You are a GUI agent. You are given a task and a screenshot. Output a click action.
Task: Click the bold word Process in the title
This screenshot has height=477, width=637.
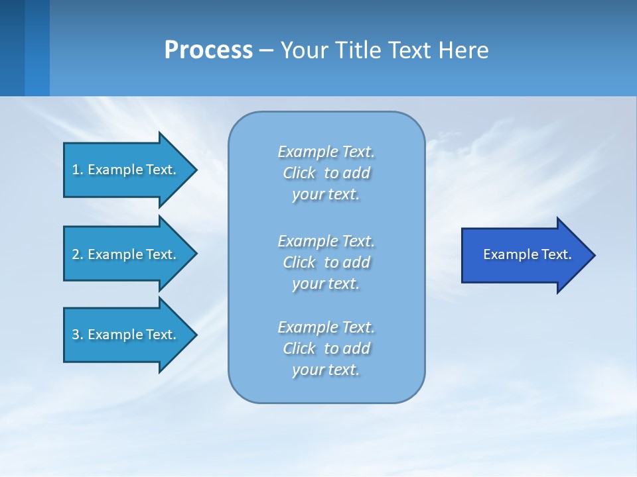[x=208, y=50]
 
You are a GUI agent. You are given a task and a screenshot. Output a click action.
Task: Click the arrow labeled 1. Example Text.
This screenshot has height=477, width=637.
[x=126, y=170]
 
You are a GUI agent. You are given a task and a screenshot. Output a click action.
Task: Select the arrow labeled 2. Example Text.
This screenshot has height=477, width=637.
[x=126, y=254]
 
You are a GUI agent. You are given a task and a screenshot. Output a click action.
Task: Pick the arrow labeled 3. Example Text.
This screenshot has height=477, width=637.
[x=126, y=335]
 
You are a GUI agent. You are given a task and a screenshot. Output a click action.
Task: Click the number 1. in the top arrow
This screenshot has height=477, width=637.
[x=78, y=170]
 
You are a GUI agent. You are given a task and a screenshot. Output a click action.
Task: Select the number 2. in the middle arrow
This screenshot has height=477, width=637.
[x=78, y=254]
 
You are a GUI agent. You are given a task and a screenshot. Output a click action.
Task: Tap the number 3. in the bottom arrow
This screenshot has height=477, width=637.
[x=78, y=335]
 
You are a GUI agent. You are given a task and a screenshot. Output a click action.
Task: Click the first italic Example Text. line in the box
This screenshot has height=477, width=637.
[x=326, y=152]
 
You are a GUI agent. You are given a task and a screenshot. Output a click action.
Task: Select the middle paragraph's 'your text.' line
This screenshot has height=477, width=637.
[x=326, y=284]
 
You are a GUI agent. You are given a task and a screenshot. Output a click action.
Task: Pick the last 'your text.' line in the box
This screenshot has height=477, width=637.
[x=326, y=370]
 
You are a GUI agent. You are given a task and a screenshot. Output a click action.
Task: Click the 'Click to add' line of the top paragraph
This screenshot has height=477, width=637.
[x=326, y=173]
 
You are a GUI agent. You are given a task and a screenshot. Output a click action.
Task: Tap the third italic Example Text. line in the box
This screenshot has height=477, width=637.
[x=326, y=327]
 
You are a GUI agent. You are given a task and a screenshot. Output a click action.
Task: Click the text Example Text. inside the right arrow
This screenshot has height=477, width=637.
[x=528, y=254]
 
